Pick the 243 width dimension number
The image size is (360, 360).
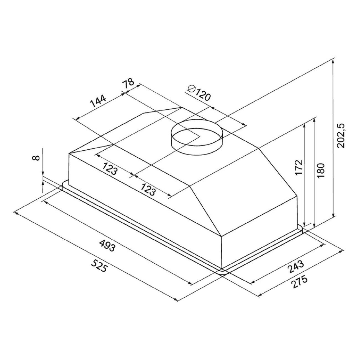point(296,267)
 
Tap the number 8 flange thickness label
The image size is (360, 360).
point(37,158)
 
